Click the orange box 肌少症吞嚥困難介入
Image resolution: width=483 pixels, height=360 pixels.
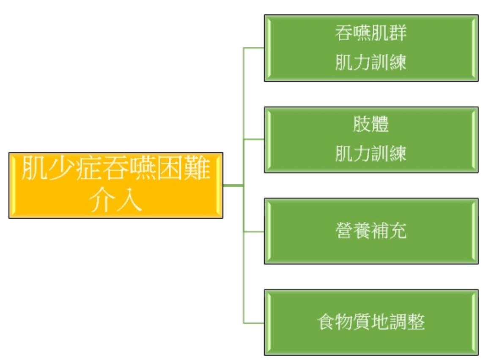(x=115, y=185)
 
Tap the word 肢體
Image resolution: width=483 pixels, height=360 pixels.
(x=371, y=125)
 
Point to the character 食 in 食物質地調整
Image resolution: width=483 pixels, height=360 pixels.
(x=326, y=322)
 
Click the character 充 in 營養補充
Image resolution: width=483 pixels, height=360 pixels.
(x=398, y=231)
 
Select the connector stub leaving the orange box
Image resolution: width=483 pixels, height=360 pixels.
(x=233, y=185)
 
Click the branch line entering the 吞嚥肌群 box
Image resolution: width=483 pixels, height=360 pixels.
(x=254, y=48)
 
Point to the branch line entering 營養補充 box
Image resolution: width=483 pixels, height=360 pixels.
(x=254, y=232)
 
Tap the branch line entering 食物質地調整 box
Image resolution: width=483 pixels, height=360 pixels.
(x=254, y=323)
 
